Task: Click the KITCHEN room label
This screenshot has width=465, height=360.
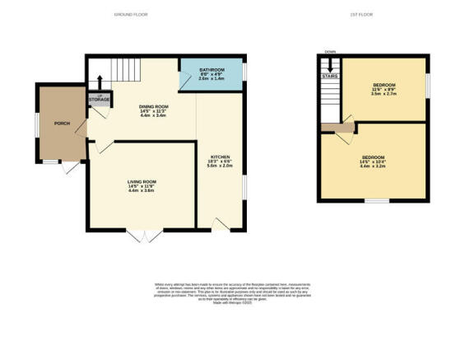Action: (220, 160)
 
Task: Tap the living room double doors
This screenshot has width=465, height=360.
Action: (142, 236)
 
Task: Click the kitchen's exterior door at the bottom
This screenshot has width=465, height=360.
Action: (220, 225)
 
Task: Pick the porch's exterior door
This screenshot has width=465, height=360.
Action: (72, 167)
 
